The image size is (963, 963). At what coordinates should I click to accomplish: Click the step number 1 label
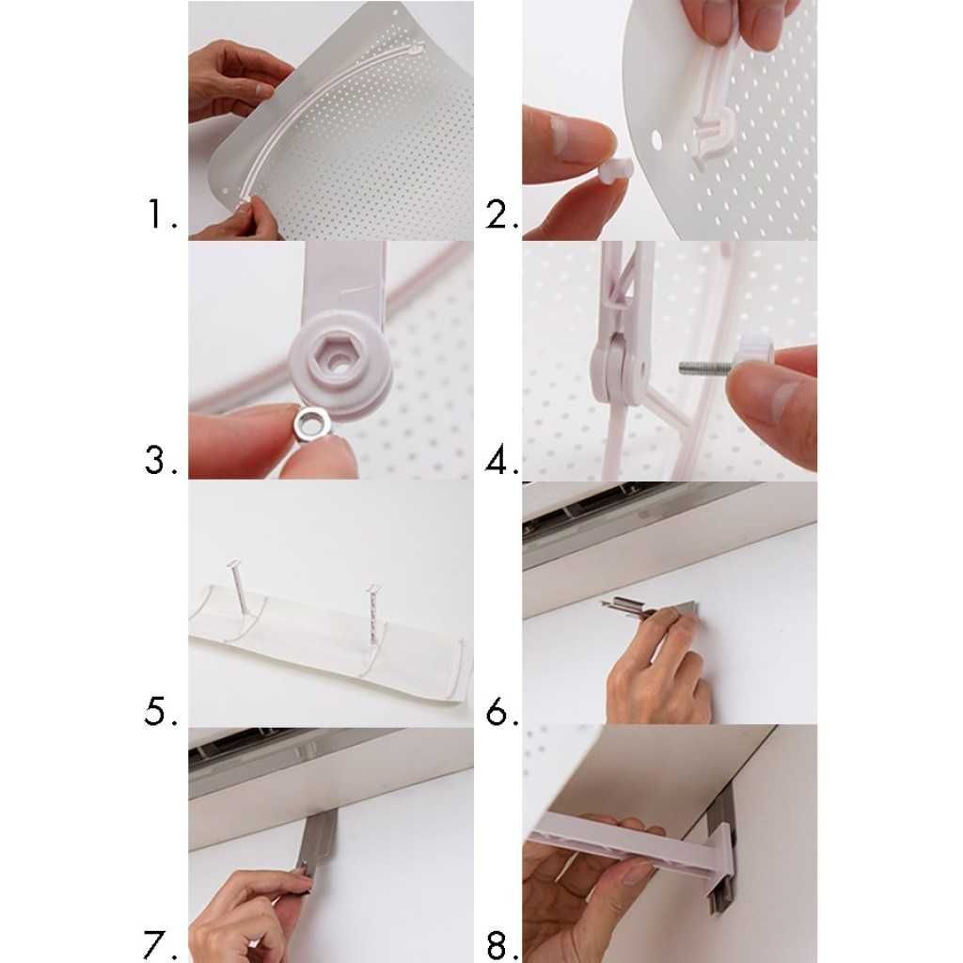[x=162, y=213]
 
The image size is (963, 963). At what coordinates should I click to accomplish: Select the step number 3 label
[x=161, y=460]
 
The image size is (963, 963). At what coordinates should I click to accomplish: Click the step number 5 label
[x=161, y=711]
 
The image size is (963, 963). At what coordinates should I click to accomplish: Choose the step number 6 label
[x=502, y=712]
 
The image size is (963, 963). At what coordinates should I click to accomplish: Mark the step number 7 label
[x=161, y=945]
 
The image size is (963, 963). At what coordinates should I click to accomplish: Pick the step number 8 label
[x=502, y=945]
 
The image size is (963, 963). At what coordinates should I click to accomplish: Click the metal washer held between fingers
[x=312, y=424]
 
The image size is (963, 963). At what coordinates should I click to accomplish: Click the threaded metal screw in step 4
[x=706, y=369]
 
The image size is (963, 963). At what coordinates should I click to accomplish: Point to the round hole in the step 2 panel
[x=656, y=139]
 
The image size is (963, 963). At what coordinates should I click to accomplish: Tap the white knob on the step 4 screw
[x=755, y=354]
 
